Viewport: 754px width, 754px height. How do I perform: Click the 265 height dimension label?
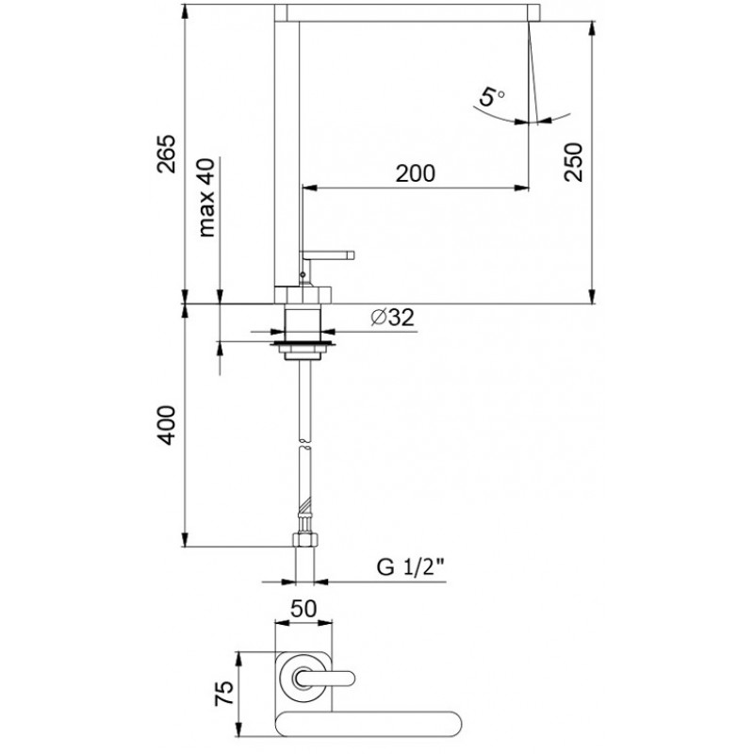pyautogui.click(x=168, y=154)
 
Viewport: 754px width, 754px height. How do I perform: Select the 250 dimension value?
pyautogui.click(x=573, y=161)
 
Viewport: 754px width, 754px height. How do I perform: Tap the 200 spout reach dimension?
pyautogui.click(x=416, y=173)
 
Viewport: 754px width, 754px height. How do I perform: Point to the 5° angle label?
pyautogui.click(x=491, y=97)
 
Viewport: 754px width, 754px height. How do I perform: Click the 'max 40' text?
pyautogui.click(x=206, y=198)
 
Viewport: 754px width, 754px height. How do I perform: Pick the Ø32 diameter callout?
pyautogui.click(x=392, y=317)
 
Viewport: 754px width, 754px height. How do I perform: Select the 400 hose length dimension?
pyautogui.click(x=168, y=425)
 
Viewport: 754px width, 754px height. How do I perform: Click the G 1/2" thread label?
pyautogui.click(x=410, y=567)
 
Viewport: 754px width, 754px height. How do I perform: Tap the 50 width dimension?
pyautogui.click(x=303, y=609)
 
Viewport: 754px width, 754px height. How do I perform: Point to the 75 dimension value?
pyautogui.click(x=224, y=693)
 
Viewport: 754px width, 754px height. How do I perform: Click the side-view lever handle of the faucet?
pyautogui.click(x=327, y=254)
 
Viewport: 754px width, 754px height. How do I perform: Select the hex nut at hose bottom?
pyautogui.click(x=305, y=539)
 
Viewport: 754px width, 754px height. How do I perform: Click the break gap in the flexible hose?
pyautogui.click(x=304, y=444)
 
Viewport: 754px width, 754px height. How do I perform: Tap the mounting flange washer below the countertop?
pyautogui.click(x=302, y=344)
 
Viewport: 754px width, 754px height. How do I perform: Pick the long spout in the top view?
pyautogui.click(x=369, y=724)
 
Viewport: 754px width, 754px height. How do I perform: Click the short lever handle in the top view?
pyautogui.click(x=325, y=679)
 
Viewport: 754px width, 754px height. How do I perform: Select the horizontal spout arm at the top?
pyautogui.click(x=407, y=12)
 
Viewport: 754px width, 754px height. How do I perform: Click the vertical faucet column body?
pyautogui.click(x=287, y=154)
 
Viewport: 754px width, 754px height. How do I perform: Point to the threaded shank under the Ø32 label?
pyautogui.click(x=303, y=322)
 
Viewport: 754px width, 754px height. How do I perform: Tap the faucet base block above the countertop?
pyautogui.click(x=303, y=295)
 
